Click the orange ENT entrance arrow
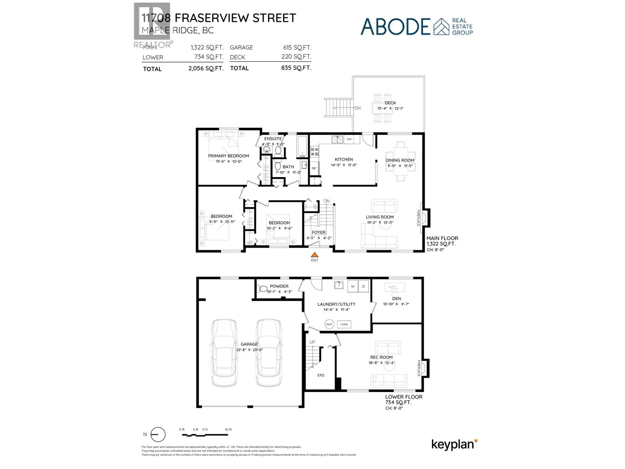tap(314, 254)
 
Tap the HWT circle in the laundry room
tap(329, 324)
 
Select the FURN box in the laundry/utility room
tap(344, 324)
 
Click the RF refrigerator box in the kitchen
tap(314, 168)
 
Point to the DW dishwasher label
tap(349, 139)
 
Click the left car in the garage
tap(224, 353)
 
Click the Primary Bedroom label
tap(228, 156)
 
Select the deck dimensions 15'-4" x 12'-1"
tap(390, 108)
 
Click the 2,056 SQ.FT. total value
tap(206, 68)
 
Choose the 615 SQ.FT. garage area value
tap(297, 48)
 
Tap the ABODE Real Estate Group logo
tap(416, 26)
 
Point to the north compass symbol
tap(157, 435)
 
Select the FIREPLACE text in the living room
tap(418, 218)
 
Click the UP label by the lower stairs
tap(312, 342)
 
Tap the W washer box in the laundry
tap(352, 286)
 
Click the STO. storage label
tap(321, 375)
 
